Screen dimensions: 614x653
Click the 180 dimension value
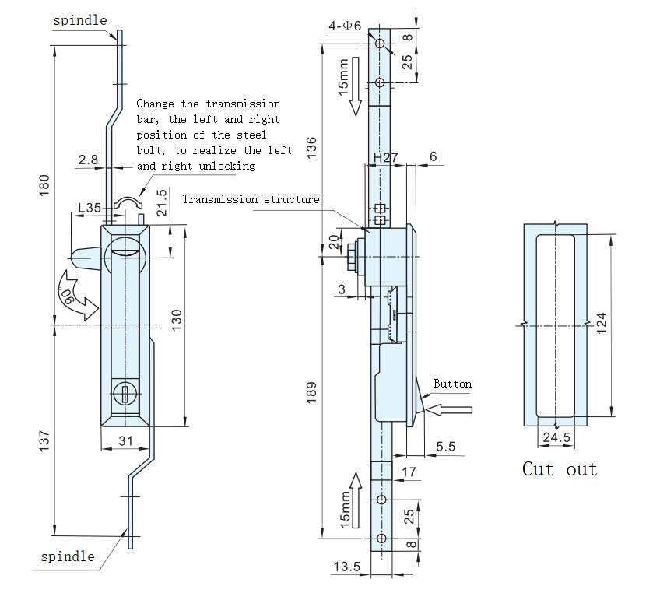44,185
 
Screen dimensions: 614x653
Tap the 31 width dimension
125,440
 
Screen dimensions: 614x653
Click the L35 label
90,208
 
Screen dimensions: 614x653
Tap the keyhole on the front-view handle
125,394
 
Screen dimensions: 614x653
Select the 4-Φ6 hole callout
345,26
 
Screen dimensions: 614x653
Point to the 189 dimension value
312,392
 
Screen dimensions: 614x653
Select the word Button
452,384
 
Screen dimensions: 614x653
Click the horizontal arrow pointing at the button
449,409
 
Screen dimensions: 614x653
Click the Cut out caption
560,469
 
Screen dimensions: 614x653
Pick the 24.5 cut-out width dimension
556,437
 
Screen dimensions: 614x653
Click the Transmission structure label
251,199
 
